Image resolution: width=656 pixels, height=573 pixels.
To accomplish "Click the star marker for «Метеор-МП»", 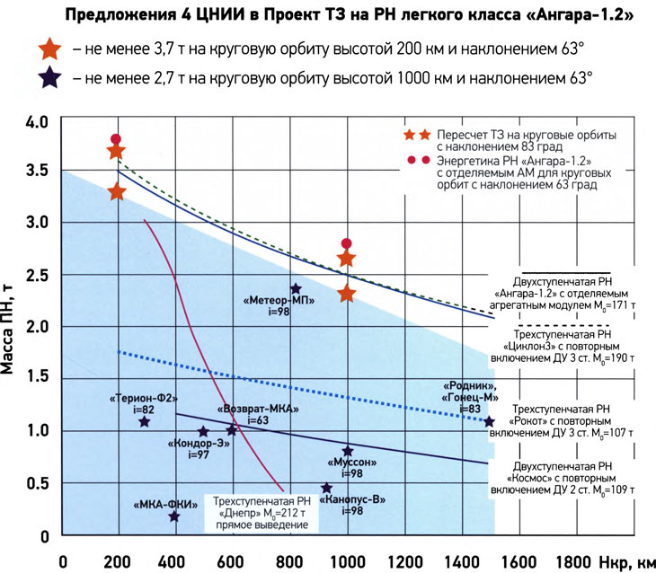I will pos(296,288).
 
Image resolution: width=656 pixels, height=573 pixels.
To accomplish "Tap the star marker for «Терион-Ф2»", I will pos(145,421).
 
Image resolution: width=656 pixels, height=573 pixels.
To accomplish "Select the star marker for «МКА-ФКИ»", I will pos(173,516).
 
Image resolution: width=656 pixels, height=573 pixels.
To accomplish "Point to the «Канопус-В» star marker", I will pos(327,488).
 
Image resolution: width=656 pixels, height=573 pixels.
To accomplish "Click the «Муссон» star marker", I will pos(348,450).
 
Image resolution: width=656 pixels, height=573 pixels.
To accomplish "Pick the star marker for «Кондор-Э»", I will pos(203,431).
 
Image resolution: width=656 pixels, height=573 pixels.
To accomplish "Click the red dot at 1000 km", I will pos(348,243).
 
